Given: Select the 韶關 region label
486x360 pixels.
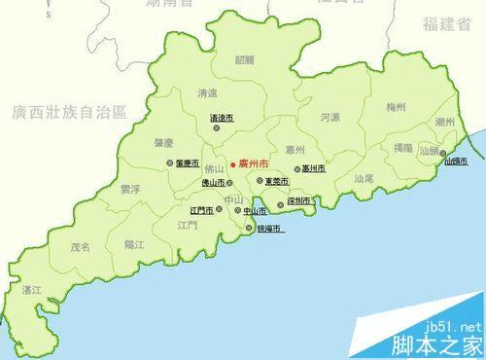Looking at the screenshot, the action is [x=244, y=59].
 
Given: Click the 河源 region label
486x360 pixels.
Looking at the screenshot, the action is [x=330, y=117].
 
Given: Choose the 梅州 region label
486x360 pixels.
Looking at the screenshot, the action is [x=396, y=106].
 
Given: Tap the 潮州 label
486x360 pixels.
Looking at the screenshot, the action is [x=446, y=122].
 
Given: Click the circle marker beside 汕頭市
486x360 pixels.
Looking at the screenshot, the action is [x=443, y=154].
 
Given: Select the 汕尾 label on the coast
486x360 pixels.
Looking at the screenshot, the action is [x=364, y=178].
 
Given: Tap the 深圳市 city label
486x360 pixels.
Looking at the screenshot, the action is [x=299, y=201].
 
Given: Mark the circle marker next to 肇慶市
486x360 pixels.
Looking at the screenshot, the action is [x=170, y=163].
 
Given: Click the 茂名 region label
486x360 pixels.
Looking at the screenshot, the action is [x=80, y=247].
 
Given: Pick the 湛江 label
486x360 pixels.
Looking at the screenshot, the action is [x=33, y=290].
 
